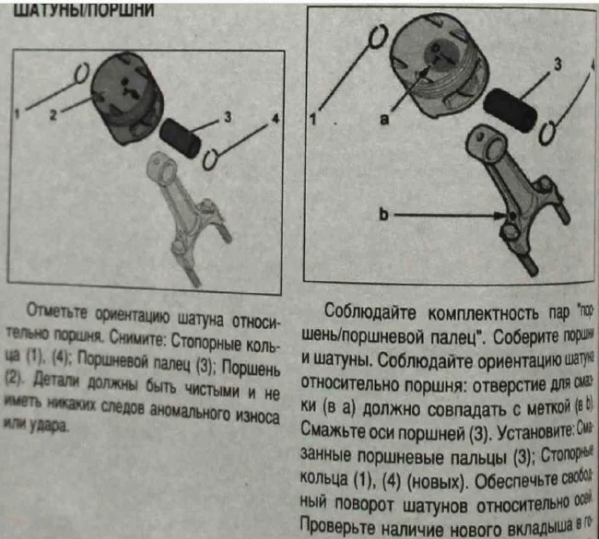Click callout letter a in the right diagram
(385, 118)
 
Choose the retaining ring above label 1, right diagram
(377, 40)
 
